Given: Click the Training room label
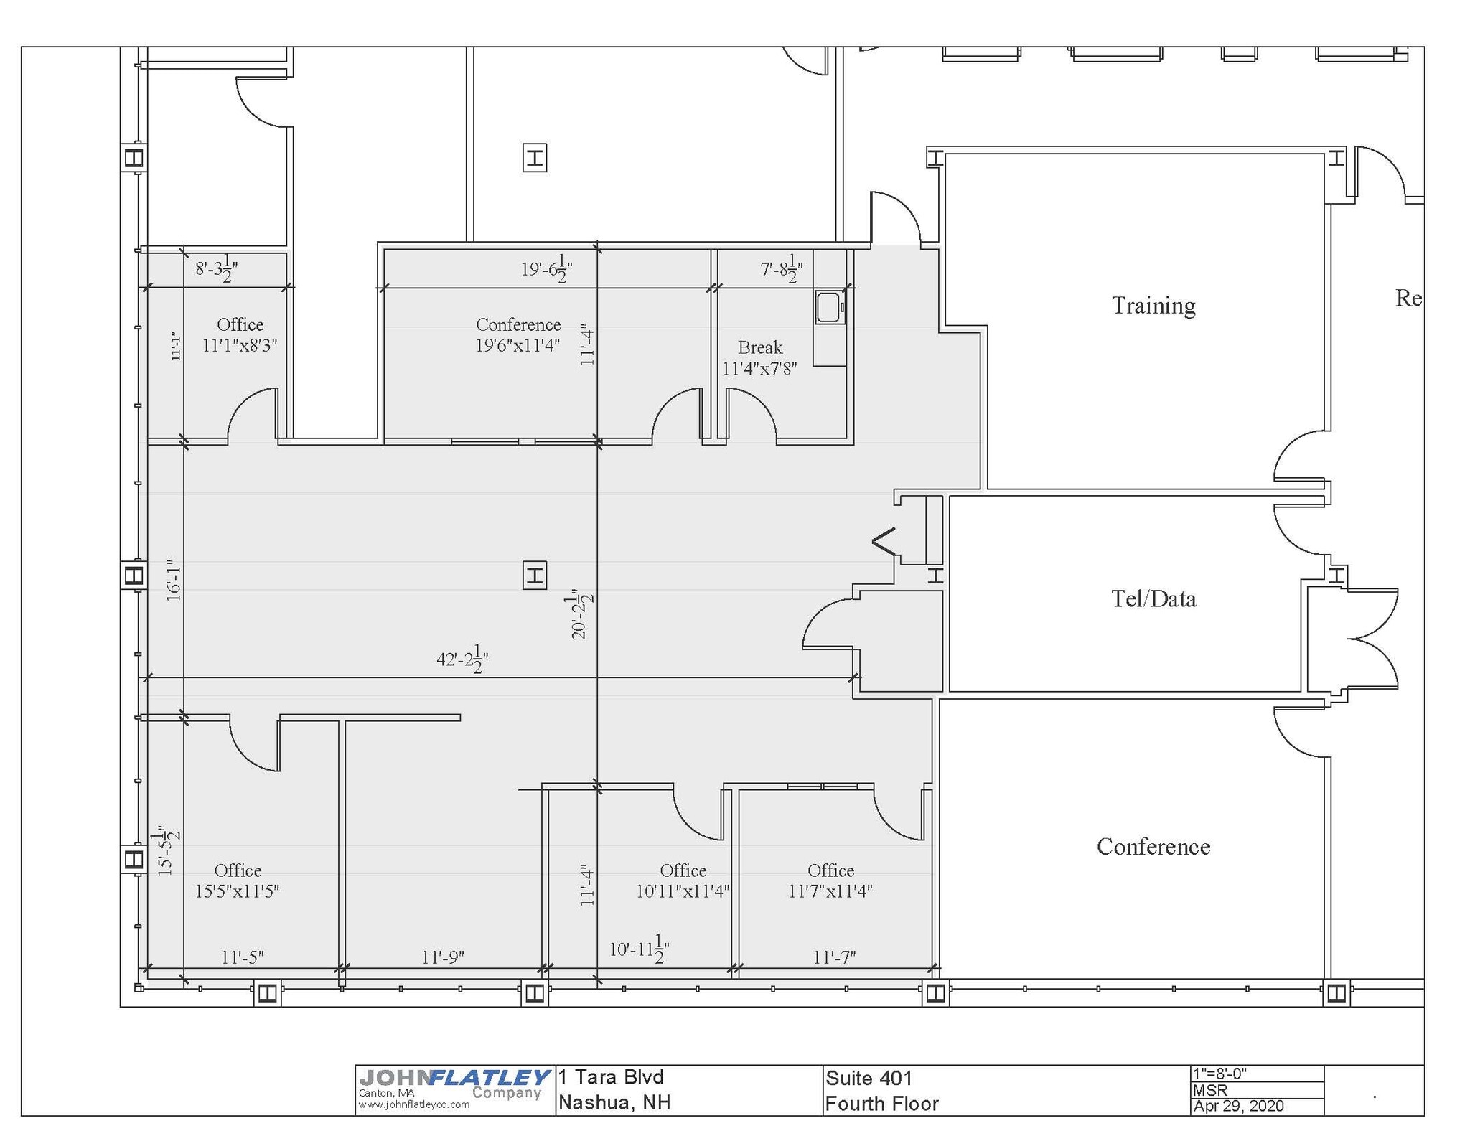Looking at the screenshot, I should click(x=1153, y=306).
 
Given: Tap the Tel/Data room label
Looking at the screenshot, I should click(x=1153, y=598).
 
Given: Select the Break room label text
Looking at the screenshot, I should click(x=759, y=358).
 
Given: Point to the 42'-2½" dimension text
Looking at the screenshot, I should click(x=462, y=659).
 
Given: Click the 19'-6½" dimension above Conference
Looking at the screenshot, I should click(x=546, y=270).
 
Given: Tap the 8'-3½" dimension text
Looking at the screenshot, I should click(x=216, y=270).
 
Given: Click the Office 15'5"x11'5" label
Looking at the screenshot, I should click(x=238, y=881).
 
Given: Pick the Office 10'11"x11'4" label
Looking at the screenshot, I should click(x=683, y=881).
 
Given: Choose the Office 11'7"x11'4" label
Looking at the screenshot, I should click(x=830, y=881).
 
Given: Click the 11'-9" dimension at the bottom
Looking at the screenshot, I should click(x=443, y=957).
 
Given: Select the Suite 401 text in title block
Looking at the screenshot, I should click(x=869, y=1078).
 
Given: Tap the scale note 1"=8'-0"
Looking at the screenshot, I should click(x=1219, y=1074).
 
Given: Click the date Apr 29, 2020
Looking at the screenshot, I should click(x=1238, y=1106).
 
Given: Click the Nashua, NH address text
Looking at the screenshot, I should click(x=614, y=1102).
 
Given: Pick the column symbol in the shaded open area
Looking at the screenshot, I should click(x=534, y=576).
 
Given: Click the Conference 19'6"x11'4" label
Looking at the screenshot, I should click(x=518, y=335).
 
